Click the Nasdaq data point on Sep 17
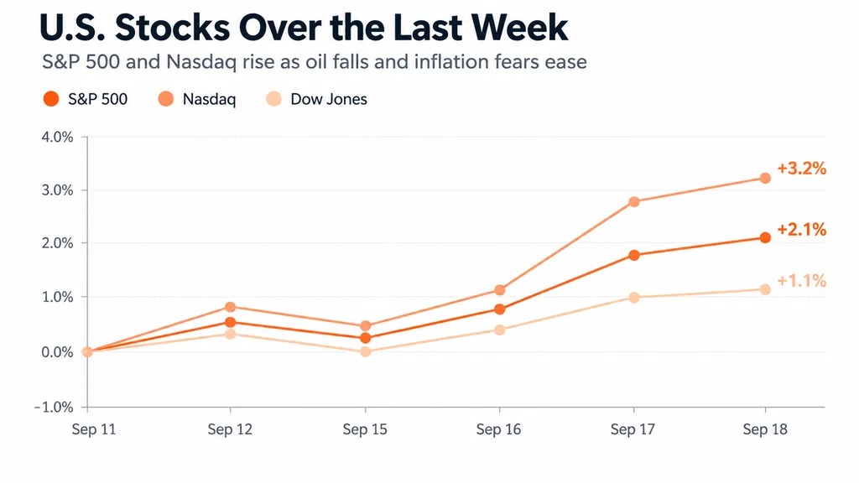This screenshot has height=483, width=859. tap(634, 201)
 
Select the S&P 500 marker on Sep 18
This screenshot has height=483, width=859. tap(765, 237)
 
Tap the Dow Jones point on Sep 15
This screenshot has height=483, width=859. tap(366, 351)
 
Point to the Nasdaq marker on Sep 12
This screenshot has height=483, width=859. tap(230, 307)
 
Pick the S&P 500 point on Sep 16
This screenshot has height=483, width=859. tap(500, 309)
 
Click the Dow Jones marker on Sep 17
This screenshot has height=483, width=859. tap(634, 298)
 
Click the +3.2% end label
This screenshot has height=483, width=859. tap(801, 168)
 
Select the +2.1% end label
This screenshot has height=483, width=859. tap(801, 230)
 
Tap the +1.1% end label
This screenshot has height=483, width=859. tap(801, 281)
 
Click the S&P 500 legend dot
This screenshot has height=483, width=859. tap(51, 99)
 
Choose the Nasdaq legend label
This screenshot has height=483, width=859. tap(209, 99)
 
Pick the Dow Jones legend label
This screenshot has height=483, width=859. tap(329, 99)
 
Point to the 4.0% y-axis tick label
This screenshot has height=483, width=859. tap(57, 137)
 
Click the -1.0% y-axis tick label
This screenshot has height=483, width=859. tap(54, 407)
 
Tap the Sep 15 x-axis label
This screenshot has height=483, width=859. tap(365, 429)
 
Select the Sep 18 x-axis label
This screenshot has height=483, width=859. tap(765, 429)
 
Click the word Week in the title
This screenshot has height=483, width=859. tap(519, 27)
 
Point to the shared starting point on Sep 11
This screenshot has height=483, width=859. tap(87, 351)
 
